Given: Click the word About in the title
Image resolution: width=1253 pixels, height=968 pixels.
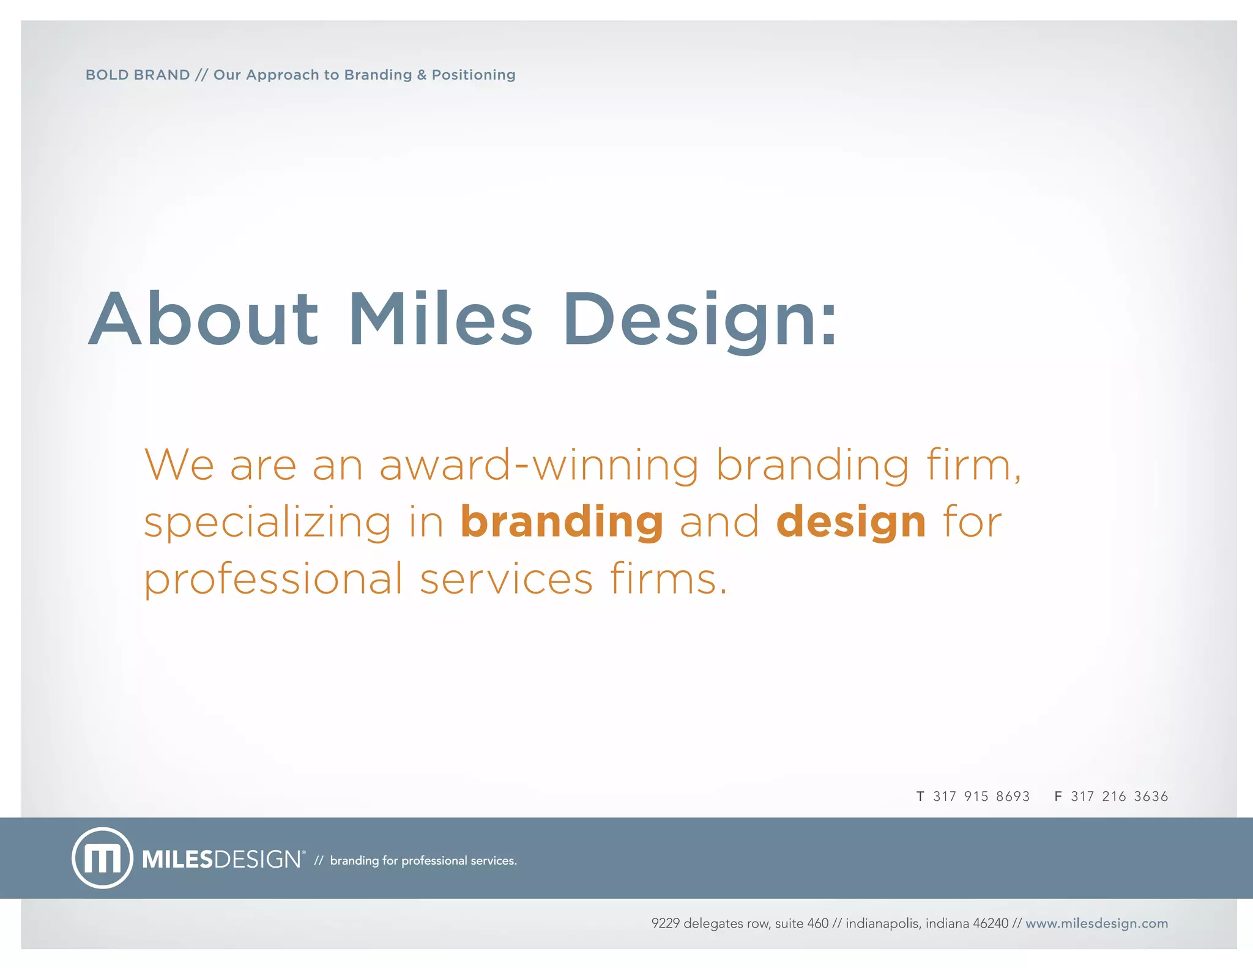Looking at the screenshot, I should click(x=203, y=319).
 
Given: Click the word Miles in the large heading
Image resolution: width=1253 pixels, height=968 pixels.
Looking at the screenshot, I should click(x=441, y=319).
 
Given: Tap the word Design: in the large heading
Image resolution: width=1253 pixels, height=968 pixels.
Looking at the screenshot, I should click(x=699, y=319).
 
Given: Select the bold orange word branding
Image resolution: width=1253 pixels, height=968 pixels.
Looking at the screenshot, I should click(x=562, y=522).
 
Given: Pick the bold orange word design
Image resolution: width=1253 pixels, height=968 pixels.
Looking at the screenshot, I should click(x=851, y=522).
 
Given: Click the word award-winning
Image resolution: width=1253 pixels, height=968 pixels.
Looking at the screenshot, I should click(x=538, y=465).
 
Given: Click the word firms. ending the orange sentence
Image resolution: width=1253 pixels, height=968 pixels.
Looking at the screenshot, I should click(x=669, y=579).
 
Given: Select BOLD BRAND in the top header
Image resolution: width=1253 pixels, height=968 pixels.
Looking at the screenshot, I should click(x=138, y=75).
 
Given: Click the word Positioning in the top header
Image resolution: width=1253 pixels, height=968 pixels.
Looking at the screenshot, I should click(x=474, y=75).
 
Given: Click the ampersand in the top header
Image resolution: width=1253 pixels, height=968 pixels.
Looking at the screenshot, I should click(x=422, y=75).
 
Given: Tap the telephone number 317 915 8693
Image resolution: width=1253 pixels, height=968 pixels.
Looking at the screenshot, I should click(x=981, y=796).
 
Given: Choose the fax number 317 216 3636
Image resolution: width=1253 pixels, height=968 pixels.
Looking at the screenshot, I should click(x=1119, y=796).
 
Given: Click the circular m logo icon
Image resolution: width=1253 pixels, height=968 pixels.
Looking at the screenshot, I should click(x=102, y=858).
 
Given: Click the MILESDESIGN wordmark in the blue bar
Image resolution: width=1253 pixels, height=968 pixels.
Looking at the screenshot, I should click(x=222, y=859).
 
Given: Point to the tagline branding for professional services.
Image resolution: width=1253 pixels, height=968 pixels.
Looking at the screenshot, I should click(x=423, y=860).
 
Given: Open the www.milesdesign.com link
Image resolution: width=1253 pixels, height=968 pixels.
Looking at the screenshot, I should click(x=1096, y=923).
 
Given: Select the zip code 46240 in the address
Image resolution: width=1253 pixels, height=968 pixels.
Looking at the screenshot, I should click(x=991, y=923).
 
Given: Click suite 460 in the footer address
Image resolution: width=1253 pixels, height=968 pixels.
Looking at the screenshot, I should click(x=801, y=923).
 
